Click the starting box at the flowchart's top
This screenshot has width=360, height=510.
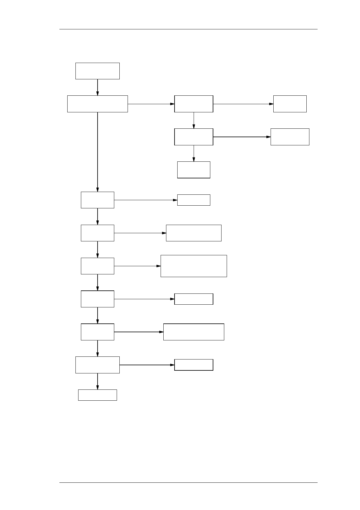click(97, 71)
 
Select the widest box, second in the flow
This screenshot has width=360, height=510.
click(97, 104)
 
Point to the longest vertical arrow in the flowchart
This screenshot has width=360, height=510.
click(98, 151)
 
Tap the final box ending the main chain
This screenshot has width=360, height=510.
click(97, 395)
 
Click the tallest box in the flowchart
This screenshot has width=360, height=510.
click(194, 266)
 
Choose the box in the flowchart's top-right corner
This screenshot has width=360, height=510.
click(290, 104)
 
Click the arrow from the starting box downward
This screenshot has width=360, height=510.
click(98, 87)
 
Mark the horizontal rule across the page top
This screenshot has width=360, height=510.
click(188, 29)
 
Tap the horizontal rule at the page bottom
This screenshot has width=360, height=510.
click(188, 482)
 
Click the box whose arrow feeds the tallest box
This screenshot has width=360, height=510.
click(97, 266)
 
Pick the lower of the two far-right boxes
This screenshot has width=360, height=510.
click(290, 137)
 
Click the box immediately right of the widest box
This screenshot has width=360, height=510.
click(194, 104)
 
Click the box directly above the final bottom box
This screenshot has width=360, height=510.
click(97, 365)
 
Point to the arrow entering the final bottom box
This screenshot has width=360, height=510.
click(98, 381)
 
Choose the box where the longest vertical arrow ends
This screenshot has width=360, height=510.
click(97, 200)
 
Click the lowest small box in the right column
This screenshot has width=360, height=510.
click(194, 365)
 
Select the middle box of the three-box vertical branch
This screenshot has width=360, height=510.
click(194, 137)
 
